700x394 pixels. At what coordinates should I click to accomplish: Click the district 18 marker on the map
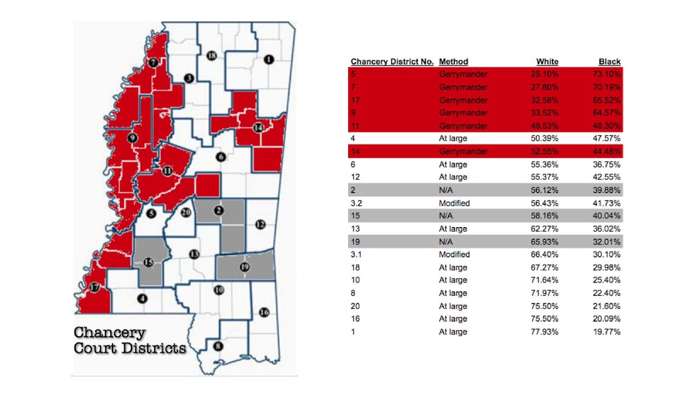tap(212, 55)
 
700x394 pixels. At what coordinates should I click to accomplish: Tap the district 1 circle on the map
tap(268, 59)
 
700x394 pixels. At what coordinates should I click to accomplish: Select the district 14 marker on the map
tap(258, 127)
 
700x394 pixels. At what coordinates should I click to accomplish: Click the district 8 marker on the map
tap(218, 346)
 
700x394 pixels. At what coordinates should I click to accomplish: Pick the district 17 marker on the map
tap(94, 287)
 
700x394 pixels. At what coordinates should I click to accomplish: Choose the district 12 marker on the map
tap(260, 224)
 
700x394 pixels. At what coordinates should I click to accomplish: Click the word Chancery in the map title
tap(109, 333)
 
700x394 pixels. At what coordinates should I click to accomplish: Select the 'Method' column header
tap(453, 61)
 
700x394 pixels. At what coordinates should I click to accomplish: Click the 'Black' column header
tap(610, 61)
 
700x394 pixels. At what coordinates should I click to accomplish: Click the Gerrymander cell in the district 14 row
tap(463, 152)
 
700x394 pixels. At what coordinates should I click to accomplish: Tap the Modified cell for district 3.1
tap(454, 254)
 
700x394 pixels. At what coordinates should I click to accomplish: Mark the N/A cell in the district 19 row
tap(446, 242)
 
